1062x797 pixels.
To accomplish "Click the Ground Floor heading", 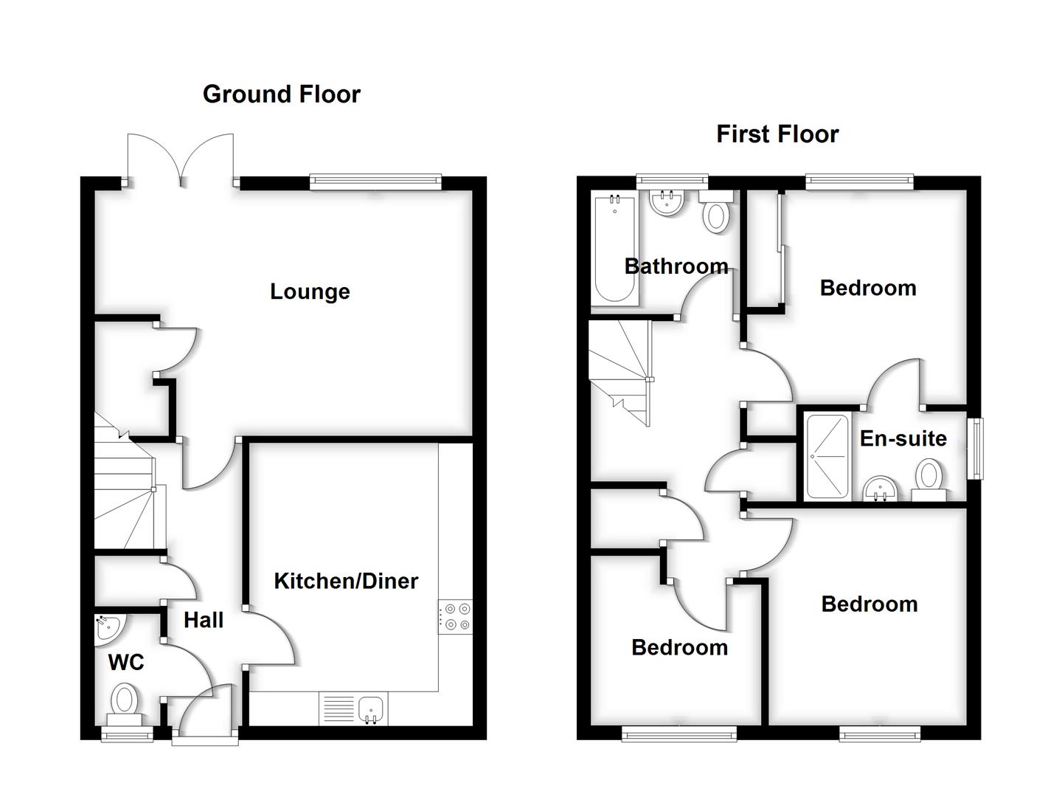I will point(281,94).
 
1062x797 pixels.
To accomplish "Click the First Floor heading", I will point(777,134).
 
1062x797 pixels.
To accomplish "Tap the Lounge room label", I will point(310,291).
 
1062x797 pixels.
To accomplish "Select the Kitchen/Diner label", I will point(346,581).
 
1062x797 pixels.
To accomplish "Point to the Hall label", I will point(204,620).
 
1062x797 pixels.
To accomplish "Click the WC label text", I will point(126,663).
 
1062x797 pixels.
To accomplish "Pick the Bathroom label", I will point(676,266).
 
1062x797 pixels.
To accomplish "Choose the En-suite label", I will point(903,438).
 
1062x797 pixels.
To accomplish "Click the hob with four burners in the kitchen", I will point(456,617).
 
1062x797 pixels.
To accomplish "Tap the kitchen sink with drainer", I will point(353,709).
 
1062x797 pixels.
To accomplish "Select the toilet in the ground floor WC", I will point(125,702).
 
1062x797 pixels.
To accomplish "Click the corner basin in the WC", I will point(107,629).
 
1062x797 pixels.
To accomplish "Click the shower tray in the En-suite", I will point(827,456).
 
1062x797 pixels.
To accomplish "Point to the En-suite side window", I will point(976,448).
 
